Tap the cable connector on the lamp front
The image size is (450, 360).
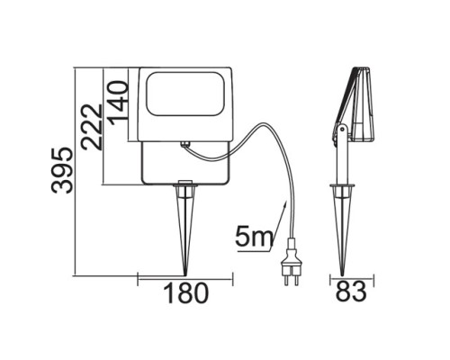(x=184, y=143)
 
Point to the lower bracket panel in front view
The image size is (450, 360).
(x=185, y=166)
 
